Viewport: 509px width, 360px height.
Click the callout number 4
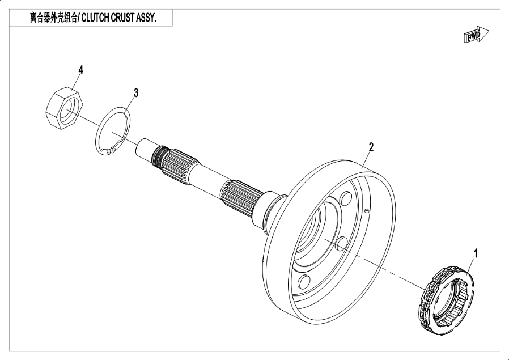[81, 70]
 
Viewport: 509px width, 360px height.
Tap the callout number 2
[371, 147]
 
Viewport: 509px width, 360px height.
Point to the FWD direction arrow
[476, 36]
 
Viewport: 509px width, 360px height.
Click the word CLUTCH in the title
[99, 18]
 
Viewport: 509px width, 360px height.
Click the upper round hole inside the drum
[344, 201]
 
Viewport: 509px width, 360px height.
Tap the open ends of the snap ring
[113, 150]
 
